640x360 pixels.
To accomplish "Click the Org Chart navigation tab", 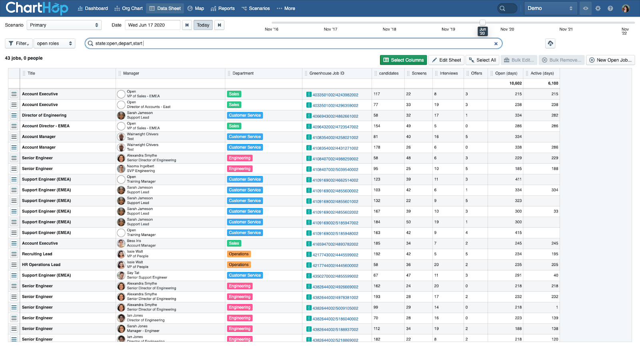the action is click(128, 8).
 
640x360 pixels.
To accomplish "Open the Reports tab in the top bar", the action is click(222, 8).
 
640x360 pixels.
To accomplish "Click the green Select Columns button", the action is click(403, 60).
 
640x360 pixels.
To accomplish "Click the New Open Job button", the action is click(610, 60).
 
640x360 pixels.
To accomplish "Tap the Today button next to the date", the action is click(203, 25).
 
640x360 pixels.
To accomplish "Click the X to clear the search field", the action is click(496, 44).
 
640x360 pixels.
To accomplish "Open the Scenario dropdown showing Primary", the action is click(64, 25).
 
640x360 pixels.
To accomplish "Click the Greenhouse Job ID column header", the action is click(326, 74).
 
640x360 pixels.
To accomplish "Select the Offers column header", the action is click(476, 74).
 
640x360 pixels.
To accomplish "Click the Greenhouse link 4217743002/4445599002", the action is click(335, 255).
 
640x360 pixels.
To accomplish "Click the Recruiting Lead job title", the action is click(37, 254).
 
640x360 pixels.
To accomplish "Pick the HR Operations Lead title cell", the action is click(41, 264).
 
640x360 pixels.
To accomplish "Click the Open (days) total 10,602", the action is click(516, 84).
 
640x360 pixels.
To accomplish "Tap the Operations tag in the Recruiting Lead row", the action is click(238, 254).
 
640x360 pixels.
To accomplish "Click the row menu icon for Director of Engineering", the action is click(14, 116).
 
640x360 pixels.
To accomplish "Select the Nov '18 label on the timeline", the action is click(389, 29).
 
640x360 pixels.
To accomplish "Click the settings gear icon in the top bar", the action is click(598, 8).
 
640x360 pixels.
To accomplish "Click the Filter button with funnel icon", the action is click(18, 44).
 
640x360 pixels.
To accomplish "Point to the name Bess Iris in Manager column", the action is click(134, 241).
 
